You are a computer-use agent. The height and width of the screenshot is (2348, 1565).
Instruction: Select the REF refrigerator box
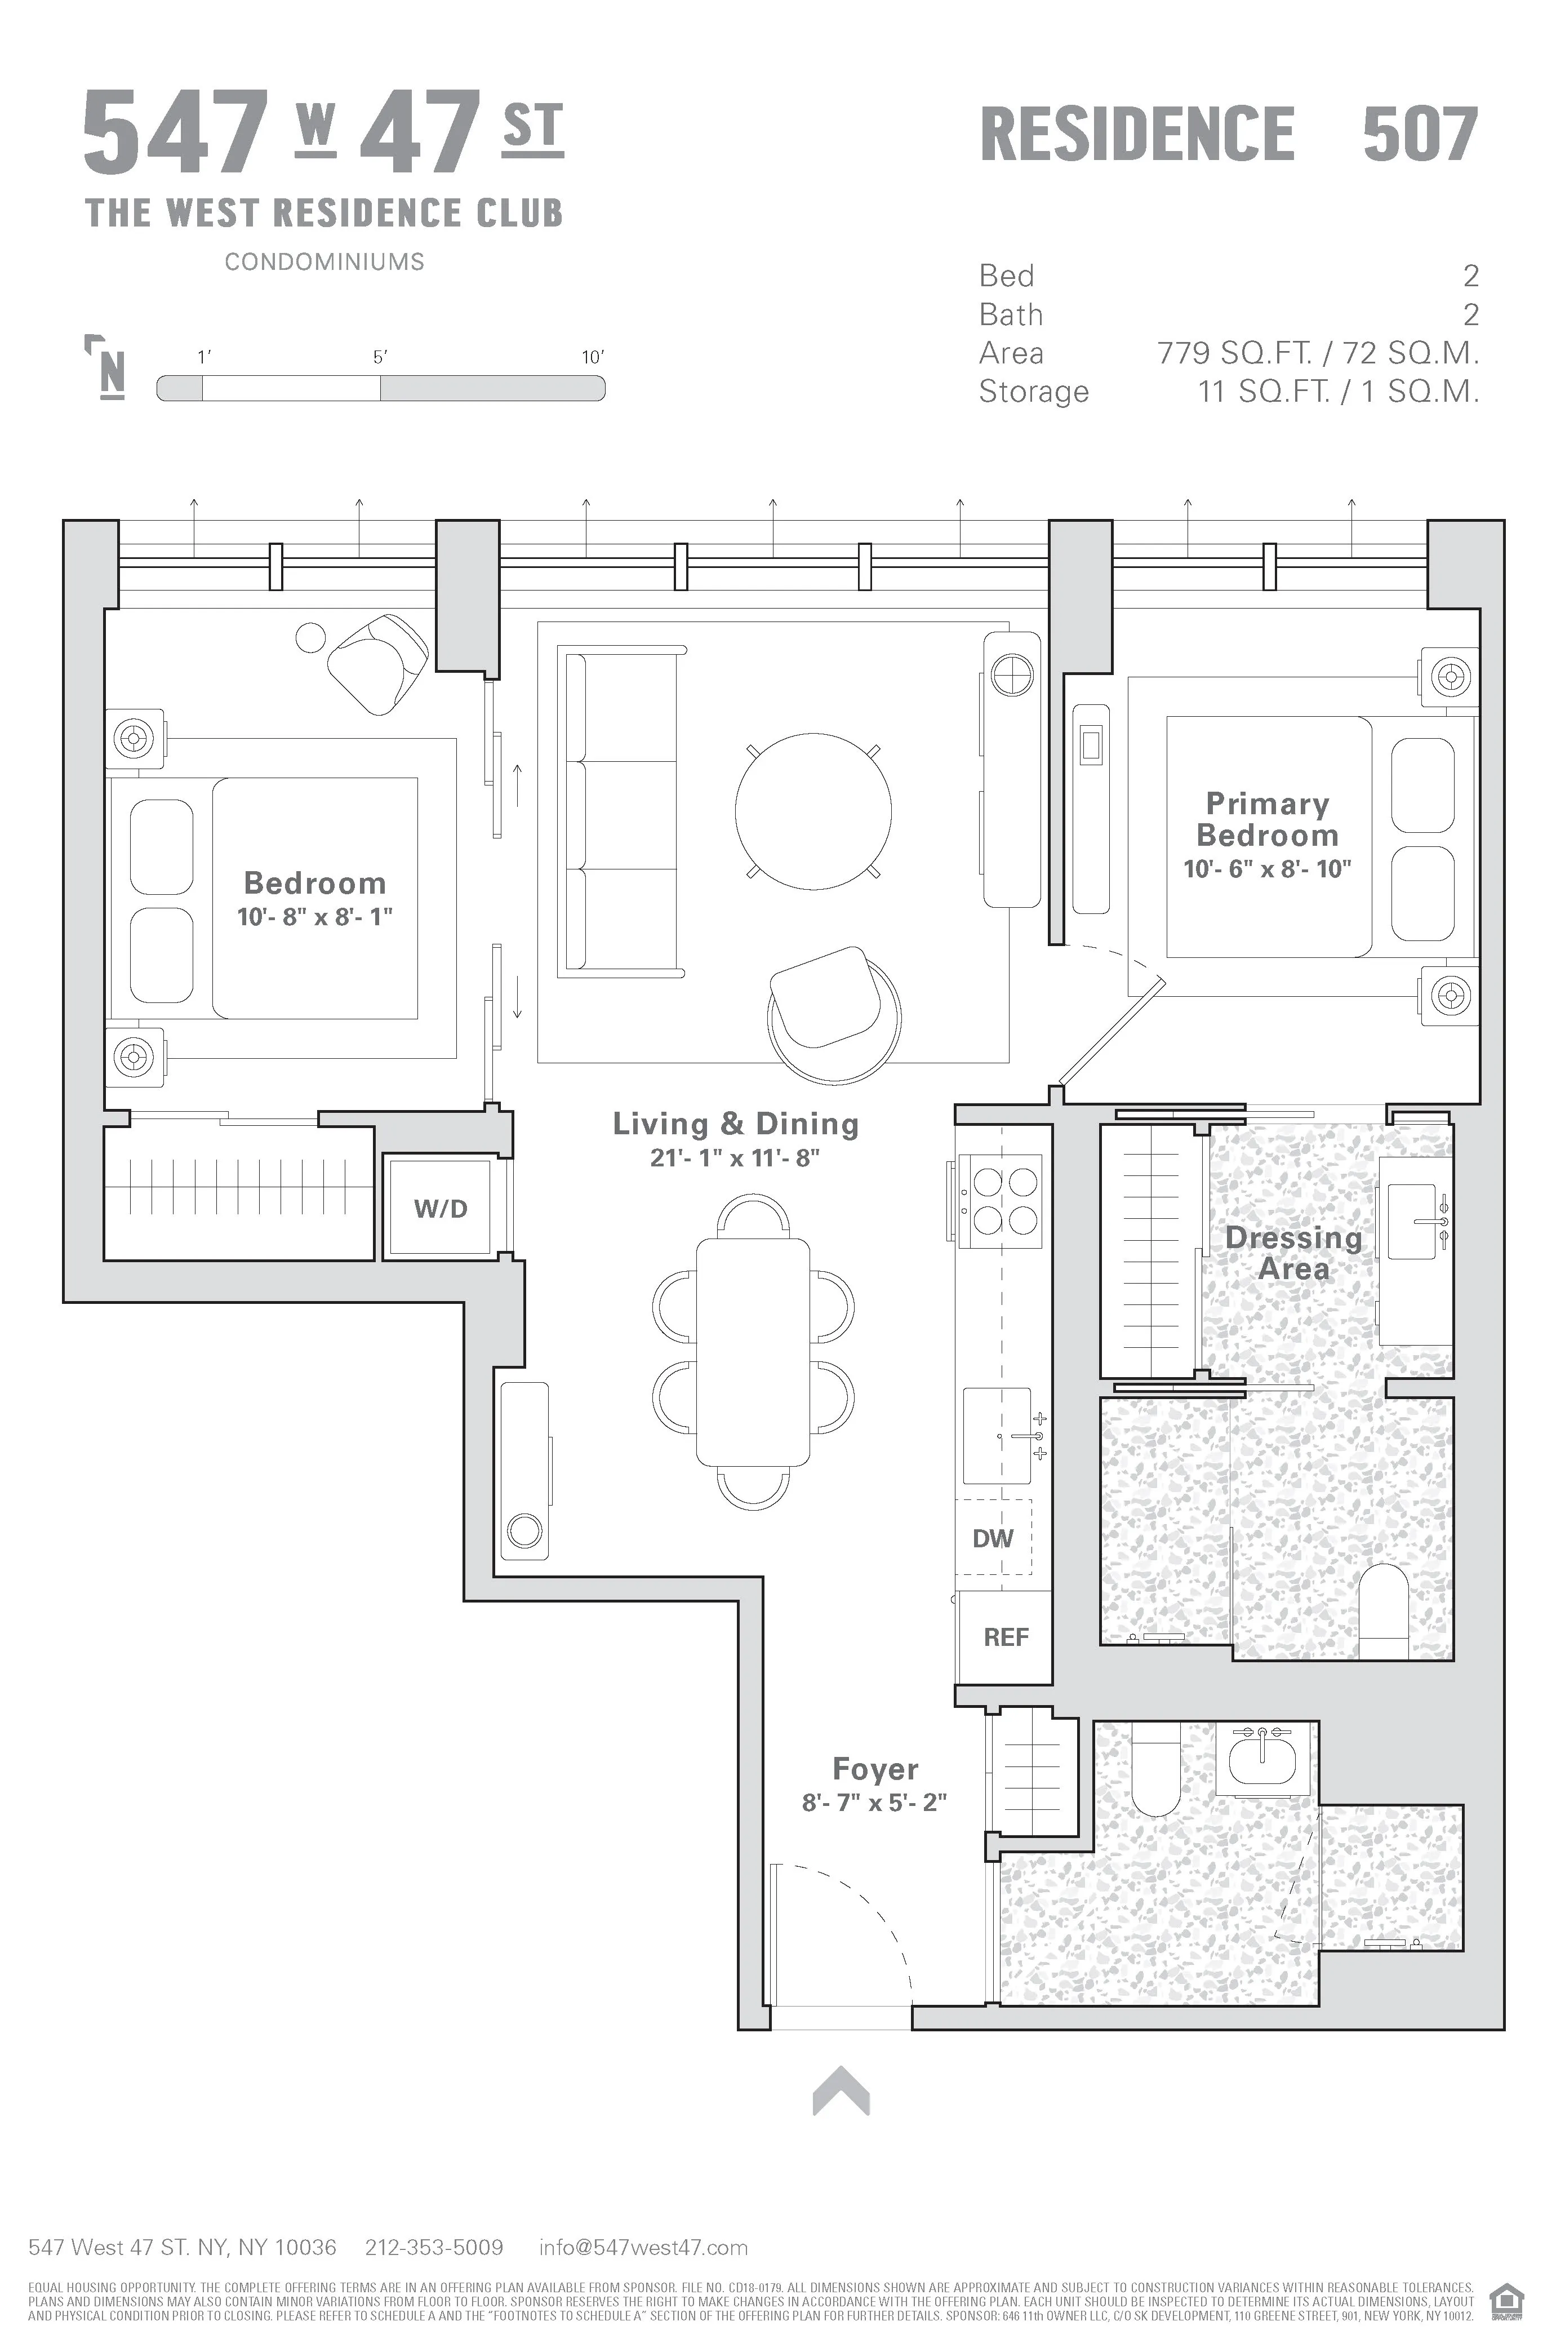click(1005, 1637)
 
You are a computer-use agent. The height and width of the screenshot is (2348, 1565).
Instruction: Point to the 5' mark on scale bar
click(380, 357)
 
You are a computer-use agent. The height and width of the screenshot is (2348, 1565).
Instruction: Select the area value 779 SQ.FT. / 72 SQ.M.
click(1318, 353)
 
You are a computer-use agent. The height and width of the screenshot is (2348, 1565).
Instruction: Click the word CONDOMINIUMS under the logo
click(324, 261)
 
